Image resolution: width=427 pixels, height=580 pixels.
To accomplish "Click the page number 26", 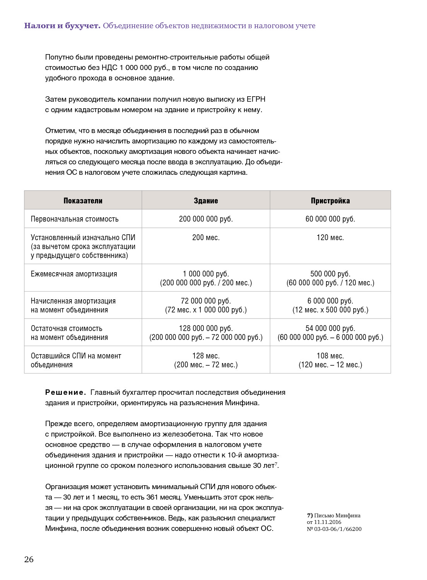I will [29, 559].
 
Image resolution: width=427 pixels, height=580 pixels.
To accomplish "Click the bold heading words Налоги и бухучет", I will [62, 26].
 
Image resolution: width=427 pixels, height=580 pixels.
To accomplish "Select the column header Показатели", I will [83, 201].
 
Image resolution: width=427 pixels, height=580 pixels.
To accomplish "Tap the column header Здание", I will [206, 201].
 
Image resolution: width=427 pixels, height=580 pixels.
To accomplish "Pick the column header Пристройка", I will [330, 201].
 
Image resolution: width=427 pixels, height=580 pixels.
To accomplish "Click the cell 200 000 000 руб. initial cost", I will [206, 219].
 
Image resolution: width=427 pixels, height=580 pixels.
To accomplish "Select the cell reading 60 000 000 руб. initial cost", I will [330, 219].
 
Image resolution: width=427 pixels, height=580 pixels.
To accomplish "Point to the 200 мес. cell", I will [206, 237].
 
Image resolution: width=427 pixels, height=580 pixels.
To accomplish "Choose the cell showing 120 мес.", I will [330, 237].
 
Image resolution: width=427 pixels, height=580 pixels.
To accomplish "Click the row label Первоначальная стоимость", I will [75, 219].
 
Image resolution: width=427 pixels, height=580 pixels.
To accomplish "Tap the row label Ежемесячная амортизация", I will [74, 274].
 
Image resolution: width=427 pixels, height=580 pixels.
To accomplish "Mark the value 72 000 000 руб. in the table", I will [206, 301].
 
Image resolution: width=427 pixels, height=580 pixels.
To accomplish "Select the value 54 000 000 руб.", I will [330, 328].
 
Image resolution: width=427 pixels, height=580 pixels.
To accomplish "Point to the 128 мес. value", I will [206, 356].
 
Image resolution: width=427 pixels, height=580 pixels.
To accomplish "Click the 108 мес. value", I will [330, 356].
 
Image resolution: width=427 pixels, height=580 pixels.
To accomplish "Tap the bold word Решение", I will [65, 392].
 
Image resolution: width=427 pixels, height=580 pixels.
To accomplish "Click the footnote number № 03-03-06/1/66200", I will [334, 529].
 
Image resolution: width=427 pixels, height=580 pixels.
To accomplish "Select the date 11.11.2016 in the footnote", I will [328, 522].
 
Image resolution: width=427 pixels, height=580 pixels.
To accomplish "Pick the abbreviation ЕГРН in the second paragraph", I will [256, 99].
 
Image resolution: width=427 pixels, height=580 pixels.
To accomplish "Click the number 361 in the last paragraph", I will [152, 497].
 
